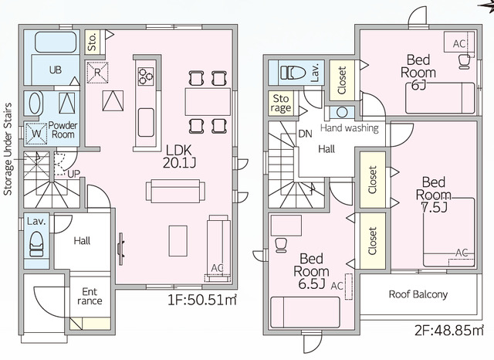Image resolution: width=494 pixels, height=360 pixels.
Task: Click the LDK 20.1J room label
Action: pos(179,156)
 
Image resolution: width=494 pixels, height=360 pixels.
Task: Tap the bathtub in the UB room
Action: pos(56,42)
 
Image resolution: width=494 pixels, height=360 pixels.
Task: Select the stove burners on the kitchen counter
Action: pos(146,76)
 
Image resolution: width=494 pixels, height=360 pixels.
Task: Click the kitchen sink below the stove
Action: pos(146,122)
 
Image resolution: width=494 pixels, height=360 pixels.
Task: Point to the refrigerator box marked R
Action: pos(97,73)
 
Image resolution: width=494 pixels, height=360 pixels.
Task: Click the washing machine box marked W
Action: pos(36,134)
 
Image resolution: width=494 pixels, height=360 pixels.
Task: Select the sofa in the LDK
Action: pos(175,191)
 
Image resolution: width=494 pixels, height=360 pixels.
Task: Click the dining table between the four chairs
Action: pos(208,102)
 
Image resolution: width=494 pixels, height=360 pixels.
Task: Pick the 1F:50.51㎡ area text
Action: pos(201,300)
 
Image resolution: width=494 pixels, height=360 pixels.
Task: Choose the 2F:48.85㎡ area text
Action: pos(449,331)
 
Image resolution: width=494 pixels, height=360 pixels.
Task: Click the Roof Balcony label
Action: pos(418,294)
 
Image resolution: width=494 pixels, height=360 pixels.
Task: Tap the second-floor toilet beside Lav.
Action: pos(293,73)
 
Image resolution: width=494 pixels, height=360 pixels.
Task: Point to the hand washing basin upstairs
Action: pos(342,112)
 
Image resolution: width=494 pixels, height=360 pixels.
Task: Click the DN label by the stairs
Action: pos(305,134)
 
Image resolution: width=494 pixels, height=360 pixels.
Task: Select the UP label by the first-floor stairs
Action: pos(74,174)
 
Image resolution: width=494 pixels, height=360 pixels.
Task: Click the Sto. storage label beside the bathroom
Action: pos(93,42)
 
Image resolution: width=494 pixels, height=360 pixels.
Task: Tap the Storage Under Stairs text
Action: pos(8,149)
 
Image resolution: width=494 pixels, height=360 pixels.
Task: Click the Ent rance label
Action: pos(90,296)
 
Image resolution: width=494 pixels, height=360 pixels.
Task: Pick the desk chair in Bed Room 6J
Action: pos(465,62)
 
